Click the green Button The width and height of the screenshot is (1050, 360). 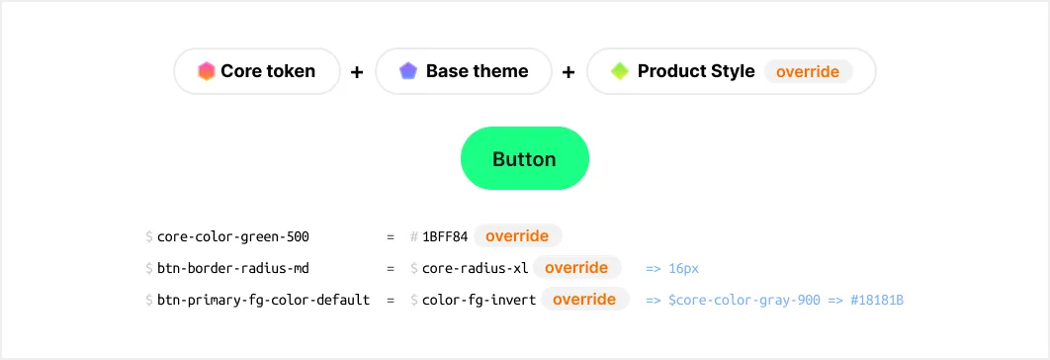coord(524,158)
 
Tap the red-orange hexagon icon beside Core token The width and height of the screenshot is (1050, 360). coord(207,71)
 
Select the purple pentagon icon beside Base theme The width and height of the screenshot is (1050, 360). coord(408,71)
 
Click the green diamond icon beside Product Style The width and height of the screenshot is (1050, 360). coord(620,71)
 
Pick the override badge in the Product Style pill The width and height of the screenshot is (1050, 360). coord(808,72)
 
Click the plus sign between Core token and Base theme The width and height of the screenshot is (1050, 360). coord(357,72)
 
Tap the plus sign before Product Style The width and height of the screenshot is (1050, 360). coord(569,72)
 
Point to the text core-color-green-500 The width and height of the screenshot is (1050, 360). coord(233,236)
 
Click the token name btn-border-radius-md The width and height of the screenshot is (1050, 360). coord(233,269)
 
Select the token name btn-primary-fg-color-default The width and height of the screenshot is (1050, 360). coord(263,301)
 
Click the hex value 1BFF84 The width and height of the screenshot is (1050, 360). coord(445,236)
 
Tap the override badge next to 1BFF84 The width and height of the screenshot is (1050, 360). coord(518,236)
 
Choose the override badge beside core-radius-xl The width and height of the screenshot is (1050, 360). coord(576,268)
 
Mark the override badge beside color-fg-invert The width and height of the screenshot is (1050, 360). coord(585,300)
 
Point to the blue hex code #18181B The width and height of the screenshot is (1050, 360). coord(877,301)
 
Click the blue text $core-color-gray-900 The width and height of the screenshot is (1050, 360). coord(744,301)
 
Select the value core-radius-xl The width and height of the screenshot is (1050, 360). coord(476,269)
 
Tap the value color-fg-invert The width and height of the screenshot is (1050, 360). coord(479,301)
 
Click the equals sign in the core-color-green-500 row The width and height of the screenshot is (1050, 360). coord(391,236)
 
